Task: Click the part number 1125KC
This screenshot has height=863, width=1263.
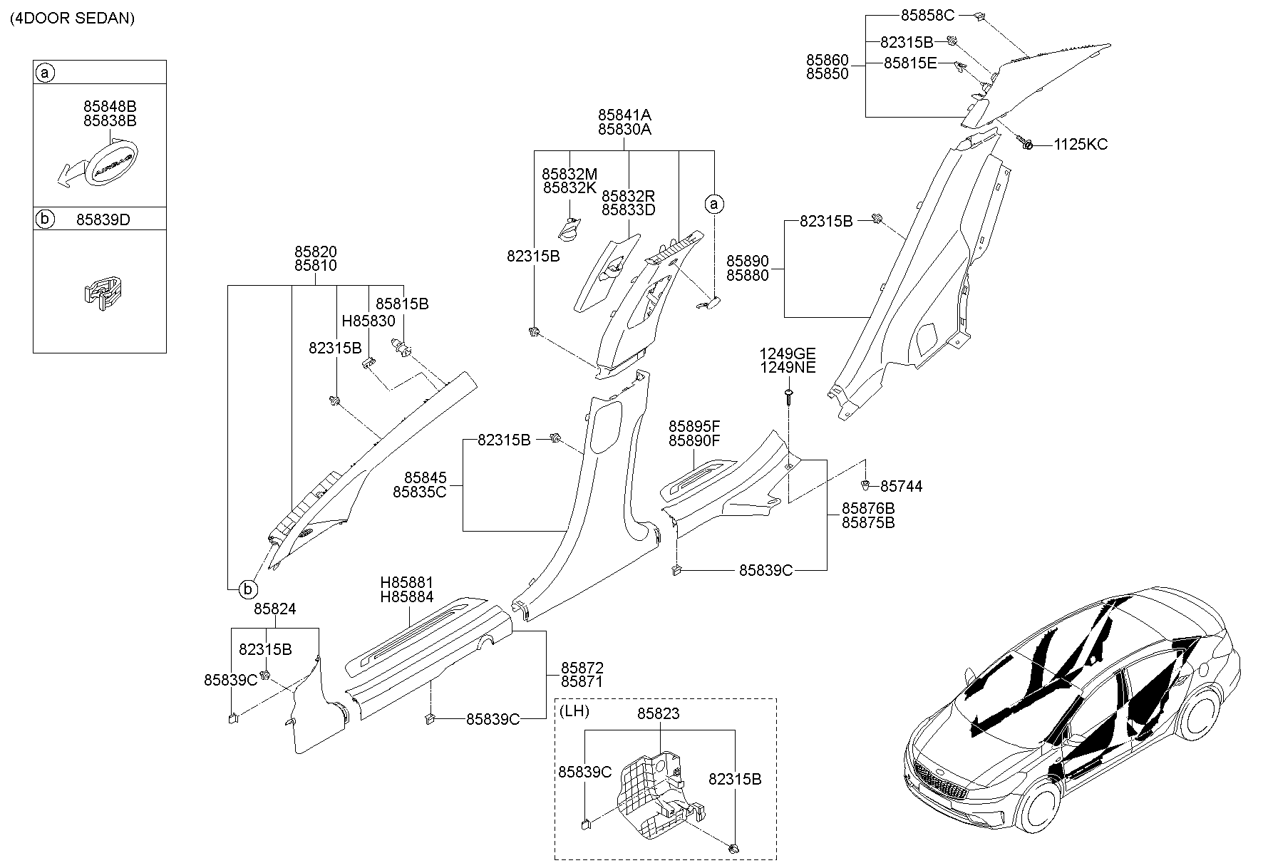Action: click(1081, 145)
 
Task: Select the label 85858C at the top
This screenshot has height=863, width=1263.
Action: click(927, 15)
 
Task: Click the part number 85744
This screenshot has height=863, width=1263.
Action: click(901, 487)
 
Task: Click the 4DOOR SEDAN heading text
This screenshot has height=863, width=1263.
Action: click(72, 19)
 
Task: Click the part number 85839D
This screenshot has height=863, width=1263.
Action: click(103, 219)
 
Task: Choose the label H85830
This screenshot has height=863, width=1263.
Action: click(368, 321)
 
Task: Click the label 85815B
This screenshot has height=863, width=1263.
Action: click(402, 304)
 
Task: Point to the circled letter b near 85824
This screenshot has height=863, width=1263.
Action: click(247, 589)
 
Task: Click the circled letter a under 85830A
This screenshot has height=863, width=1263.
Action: click(713, 205)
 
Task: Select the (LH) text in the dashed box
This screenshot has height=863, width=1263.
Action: click(574, 711)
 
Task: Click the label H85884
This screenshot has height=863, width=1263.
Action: click(406, 597)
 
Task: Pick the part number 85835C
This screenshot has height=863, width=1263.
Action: click(419, 492)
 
